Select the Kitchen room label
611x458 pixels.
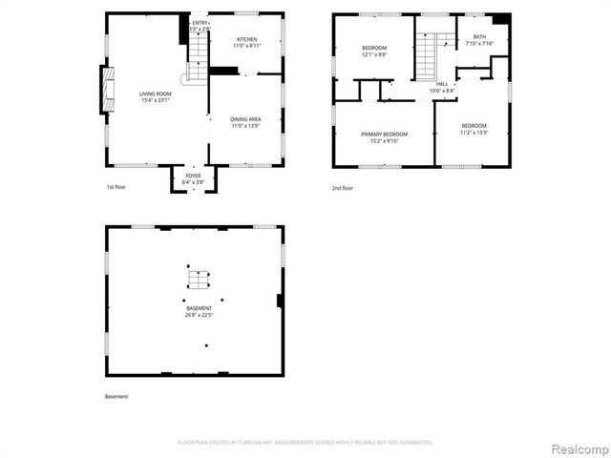(246, 43)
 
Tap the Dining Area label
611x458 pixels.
(245, 122)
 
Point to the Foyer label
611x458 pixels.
(193, 178)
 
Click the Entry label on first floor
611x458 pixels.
(200, 26)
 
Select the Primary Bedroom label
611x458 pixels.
(384, 137)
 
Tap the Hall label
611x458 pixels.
(442, 87)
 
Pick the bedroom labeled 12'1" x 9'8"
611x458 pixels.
(374, 52)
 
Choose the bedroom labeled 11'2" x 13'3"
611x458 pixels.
(474, 129)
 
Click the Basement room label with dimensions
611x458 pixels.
(200, 311)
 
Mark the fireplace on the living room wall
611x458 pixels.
(107, 89)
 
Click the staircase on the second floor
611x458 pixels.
(426, 57)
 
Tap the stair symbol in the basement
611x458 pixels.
(198, 280)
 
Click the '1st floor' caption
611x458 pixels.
(116, 187)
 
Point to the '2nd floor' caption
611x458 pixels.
(343, 188)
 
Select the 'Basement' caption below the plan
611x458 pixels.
(116, 396)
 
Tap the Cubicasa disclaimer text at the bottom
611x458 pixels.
(305, 442)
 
